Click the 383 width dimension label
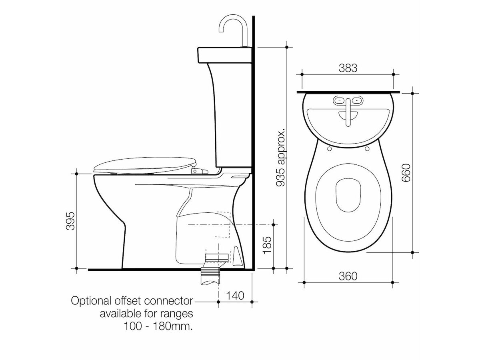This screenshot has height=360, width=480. coord(348,68)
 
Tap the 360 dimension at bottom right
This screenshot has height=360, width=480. coord(348,276)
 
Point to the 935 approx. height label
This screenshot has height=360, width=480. coord(281,158)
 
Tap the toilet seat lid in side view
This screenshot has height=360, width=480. coord(144,165)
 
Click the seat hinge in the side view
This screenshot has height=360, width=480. coord(199,171)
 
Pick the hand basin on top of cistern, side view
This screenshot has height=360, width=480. coord(225,55)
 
